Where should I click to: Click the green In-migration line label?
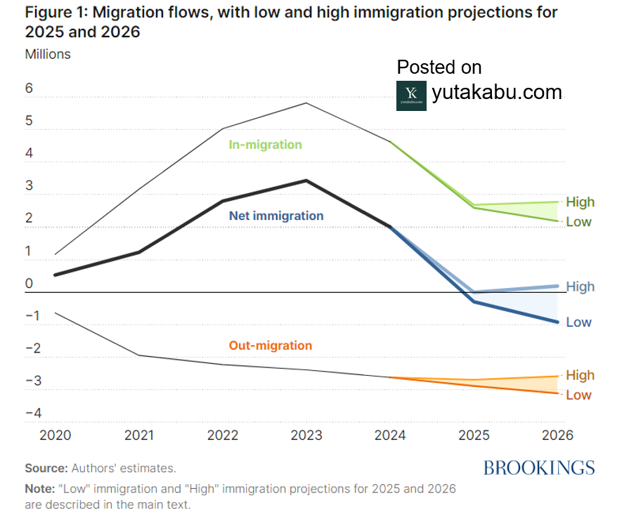point(265,145)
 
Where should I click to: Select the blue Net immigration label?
point(276,216)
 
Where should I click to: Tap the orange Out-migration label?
point(271,346)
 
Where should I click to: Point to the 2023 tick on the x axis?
point(306,435)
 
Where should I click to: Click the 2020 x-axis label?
point(56,435)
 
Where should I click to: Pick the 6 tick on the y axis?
point(30,88)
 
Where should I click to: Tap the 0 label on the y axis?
point(30,284)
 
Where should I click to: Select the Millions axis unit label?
point(48,53)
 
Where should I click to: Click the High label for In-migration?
point(580,202)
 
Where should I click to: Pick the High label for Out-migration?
point(580,375)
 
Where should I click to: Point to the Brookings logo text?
point(539,468)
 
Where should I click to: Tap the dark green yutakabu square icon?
point(411,96)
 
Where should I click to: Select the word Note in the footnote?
point(39,488)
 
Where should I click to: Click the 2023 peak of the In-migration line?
point(306,103)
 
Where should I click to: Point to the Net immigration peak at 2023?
point(306,181)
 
